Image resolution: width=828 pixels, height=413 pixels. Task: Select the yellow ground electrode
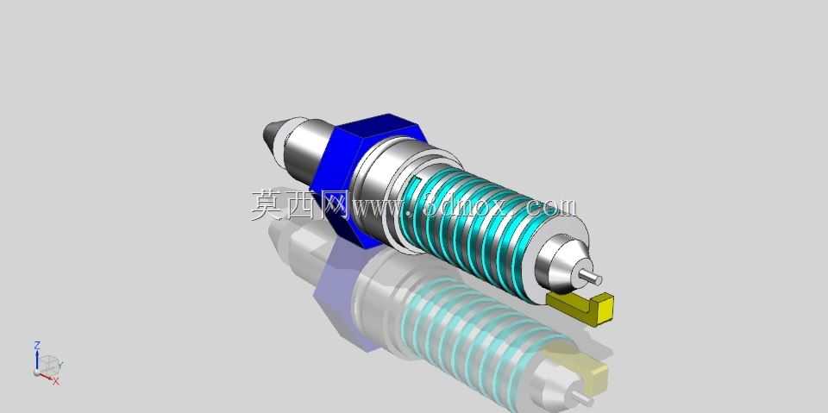coord(580,308)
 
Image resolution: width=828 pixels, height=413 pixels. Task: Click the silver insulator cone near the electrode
coord(559,262)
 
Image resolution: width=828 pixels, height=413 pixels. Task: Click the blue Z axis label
coord(37,345)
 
